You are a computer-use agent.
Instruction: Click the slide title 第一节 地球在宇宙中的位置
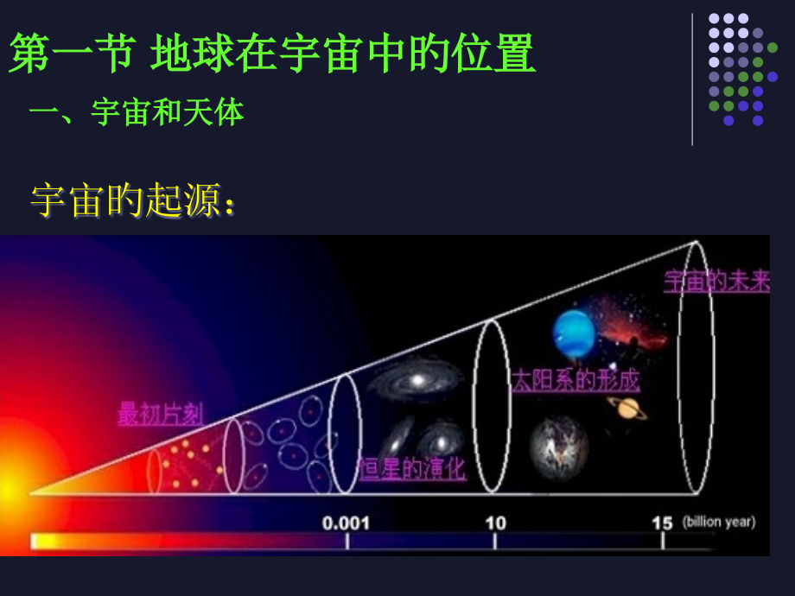[x=272, y=54]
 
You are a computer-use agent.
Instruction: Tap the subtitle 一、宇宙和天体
[x=137, y=111]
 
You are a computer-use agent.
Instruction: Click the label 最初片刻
[x=160, y=415]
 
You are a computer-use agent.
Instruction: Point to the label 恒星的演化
[x=412, y=469]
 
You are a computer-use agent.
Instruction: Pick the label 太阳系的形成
[x=576, y=380]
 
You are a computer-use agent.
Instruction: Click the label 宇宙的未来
[x=716, y=282]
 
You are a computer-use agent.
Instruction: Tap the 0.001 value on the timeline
[x=346, y=523]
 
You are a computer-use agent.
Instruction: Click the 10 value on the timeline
[x=494, y=523]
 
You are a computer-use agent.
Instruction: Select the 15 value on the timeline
[x=662, y=523]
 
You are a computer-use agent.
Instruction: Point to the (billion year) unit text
[x=718, y=522]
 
